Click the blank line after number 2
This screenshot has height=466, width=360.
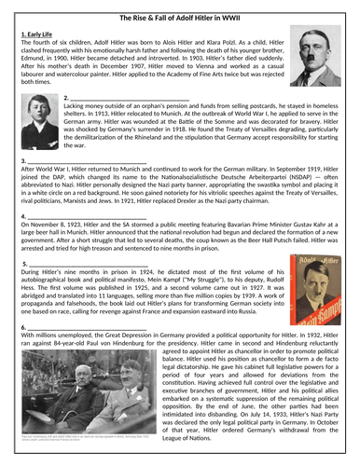pyautogui.click(x=131, y=98)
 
